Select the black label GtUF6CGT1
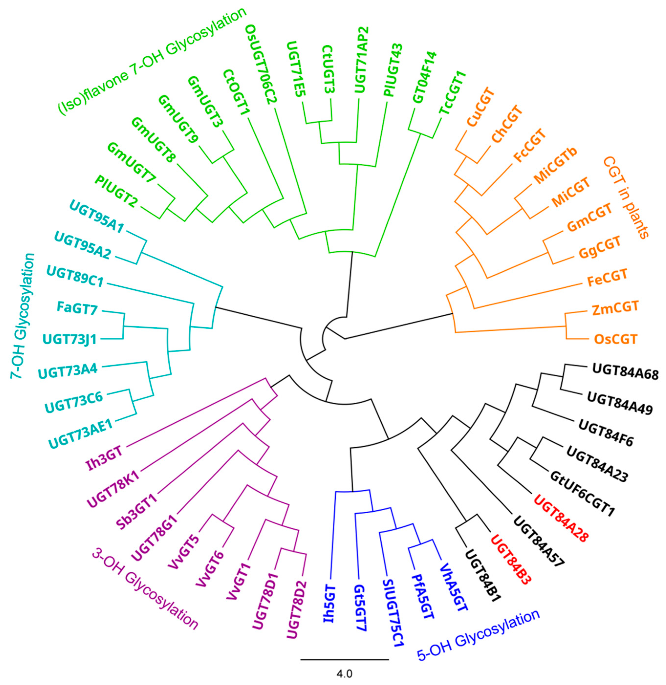pyautogui.click(x=582, y=494)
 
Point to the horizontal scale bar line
pyautogui.click(x=344, y=659)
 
